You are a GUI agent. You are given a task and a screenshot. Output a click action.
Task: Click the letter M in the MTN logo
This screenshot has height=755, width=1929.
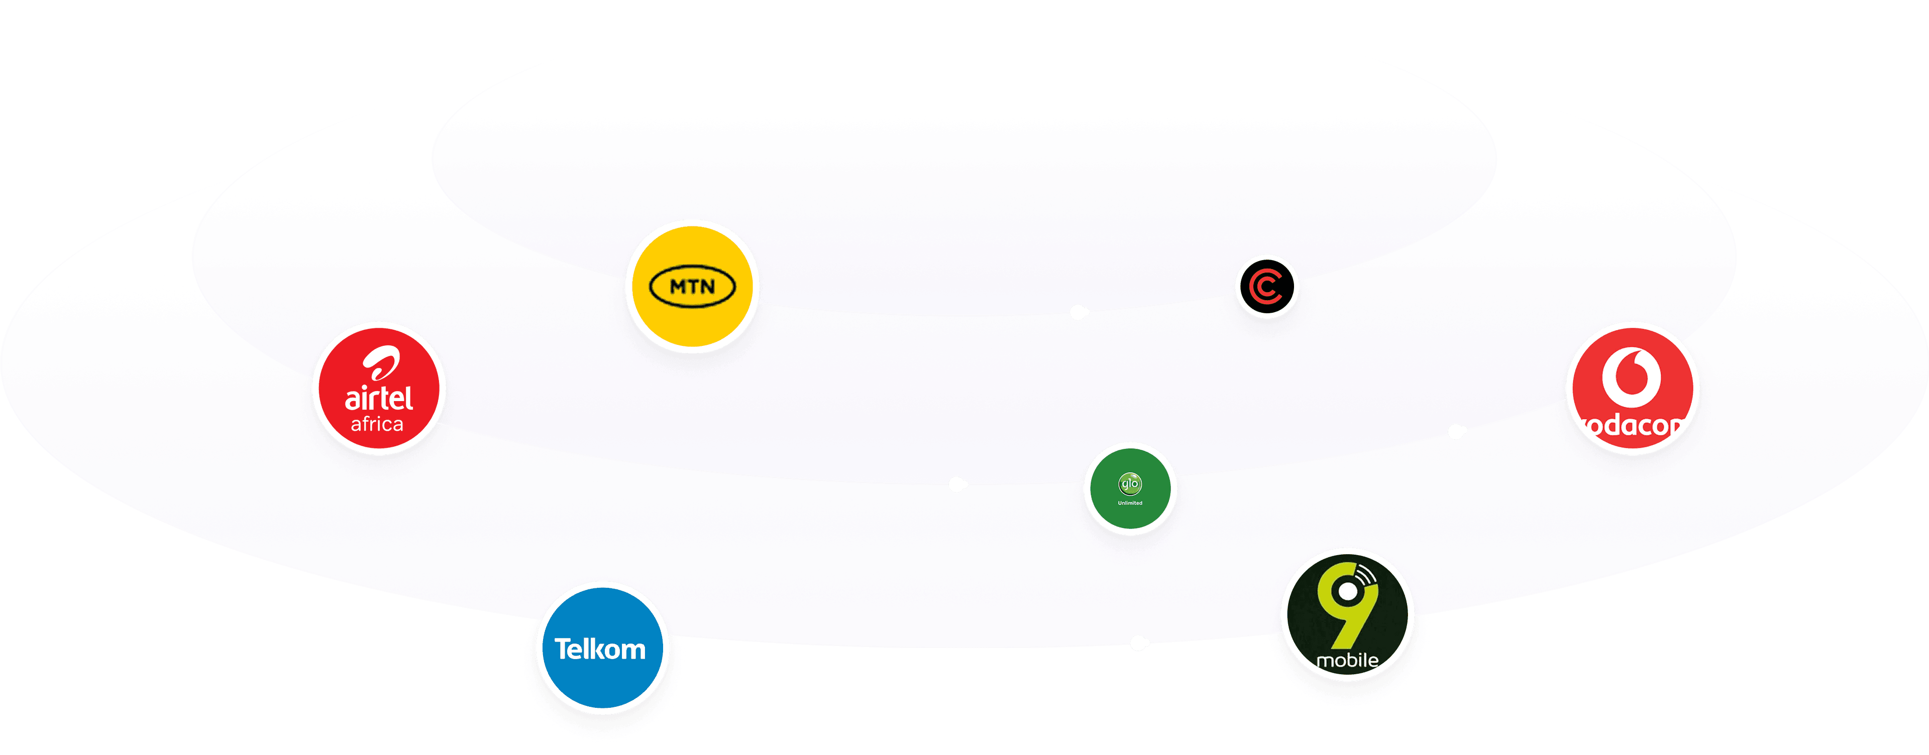click(x=676, y=286)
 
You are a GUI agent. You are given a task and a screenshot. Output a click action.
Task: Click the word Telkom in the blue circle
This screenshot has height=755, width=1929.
click(x=600, y=649)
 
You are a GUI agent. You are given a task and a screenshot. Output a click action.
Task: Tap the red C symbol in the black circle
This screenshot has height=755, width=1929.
click(x=1266, y=287)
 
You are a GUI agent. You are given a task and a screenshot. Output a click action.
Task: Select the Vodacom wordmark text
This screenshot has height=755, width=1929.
click(x=1633, y=426)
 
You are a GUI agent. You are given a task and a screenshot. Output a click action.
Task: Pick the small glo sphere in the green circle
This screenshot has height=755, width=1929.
click(x=1129, y=484)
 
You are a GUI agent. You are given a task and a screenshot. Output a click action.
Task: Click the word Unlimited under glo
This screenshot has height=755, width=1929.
click(x=1130, y=503)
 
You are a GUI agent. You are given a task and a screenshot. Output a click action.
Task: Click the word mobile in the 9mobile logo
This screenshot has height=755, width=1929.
click(x=1347, y=660)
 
